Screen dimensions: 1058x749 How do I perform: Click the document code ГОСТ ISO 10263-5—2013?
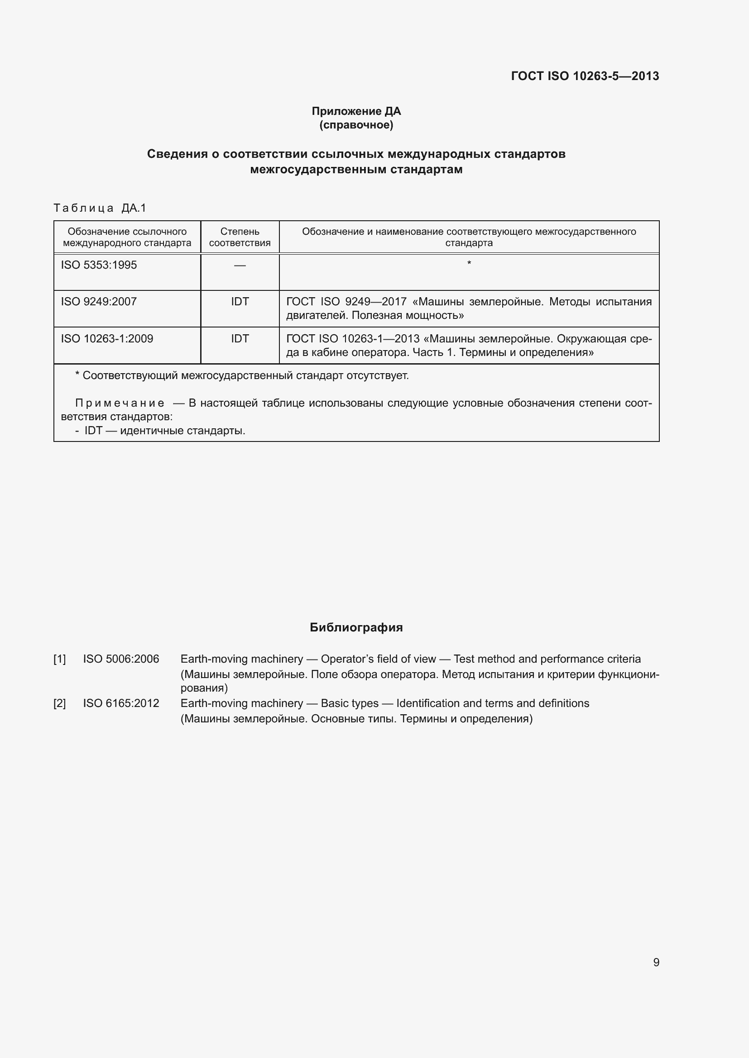click(x=585, y=76)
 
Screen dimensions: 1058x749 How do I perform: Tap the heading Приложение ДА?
click(x=356, y=111)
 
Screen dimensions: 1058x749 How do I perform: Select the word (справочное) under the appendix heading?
click(x=356, y=125)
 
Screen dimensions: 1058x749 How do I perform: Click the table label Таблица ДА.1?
click(x=100, y=208)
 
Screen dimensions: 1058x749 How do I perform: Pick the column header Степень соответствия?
click(x=240, y=237)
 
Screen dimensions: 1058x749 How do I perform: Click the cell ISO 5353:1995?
click(x=99, y=265)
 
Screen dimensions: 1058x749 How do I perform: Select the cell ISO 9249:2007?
click(x=99, y=302)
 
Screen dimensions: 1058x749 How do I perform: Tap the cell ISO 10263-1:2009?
click(x=107, y=339)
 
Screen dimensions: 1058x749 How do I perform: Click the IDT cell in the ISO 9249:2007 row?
click(x=240, y=302)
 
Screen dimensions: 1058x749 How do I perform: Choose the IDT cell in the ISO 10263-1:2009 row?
click(x=240, y=339)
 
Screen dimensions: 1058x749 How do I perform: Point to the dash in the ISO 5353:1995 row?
click(x=240, y=266)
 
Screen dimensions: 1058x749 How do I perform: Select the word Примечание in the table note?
click(x=120, y=403)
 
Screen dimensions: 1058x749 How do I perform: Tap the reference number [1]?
click(x=59, y=659)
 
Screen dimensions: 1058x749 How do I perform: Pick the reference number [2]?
click(x=59, y=703)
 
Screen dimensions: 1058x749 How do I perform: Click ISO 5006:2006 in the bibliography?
click(x=121, y=659)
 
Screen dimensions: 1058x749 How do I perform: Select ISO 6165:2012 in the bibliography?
click(x=121, y=703)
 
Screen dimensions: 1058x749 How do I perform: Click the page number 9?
click(x=656, y=962)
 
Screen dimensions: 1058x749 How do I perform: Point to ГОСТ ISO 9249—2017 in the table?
click(x=346, y=302)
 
